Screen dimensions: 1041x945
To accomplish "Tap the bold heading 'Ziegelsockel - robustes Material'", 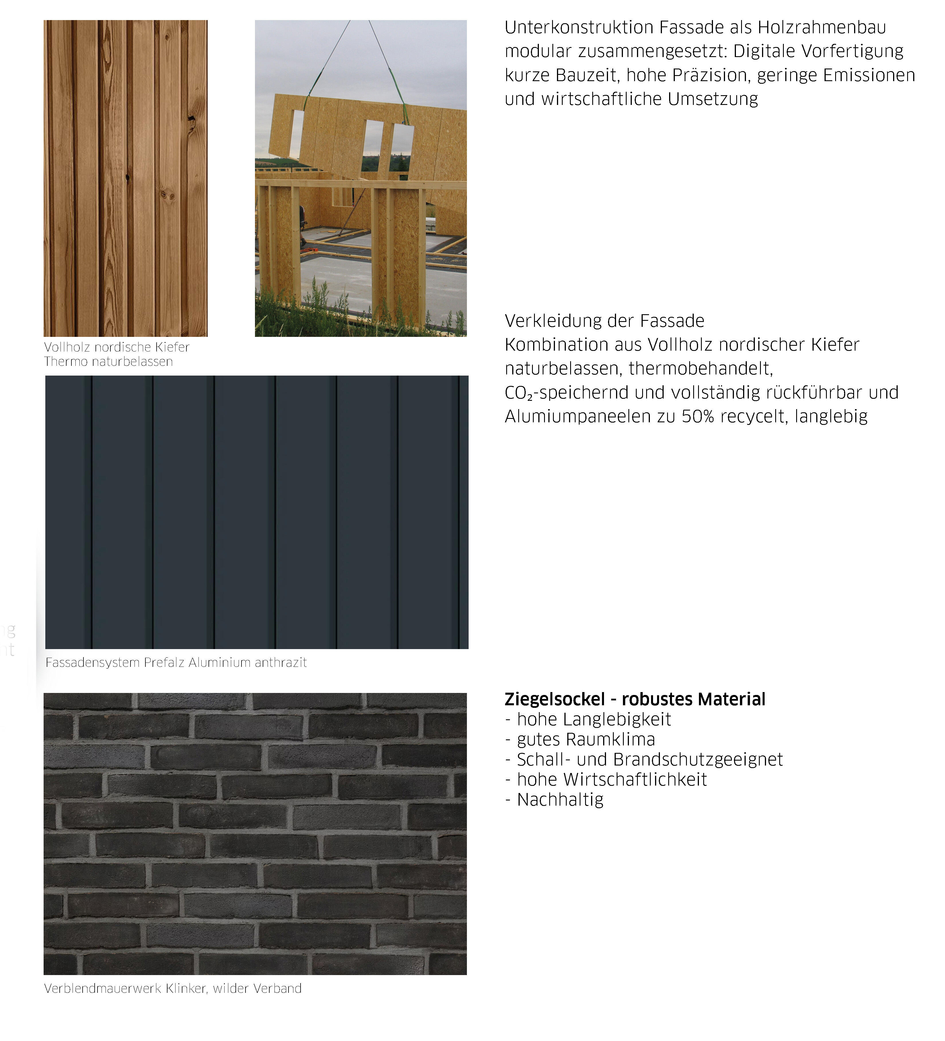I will (634, 699).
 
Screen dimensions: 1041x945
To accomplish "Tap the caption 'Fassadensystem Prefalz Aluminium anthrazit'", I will (176, 663).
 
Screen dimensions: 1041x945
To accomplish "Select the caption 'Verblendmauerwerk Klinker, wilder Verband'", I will (173, 988).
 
